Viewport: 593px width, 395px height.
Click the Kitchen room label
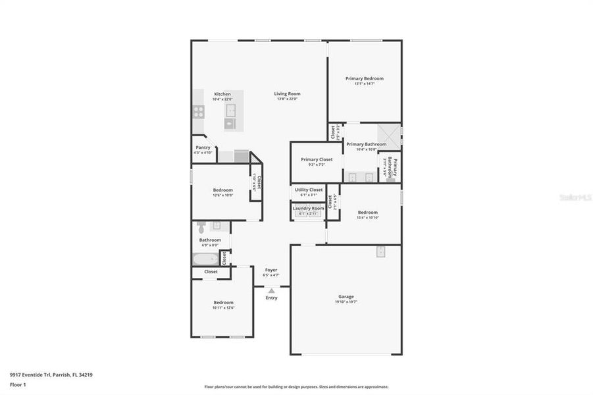click(x=222, y=94)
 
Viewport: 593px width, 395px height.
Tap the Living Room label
click(x=287, y=94)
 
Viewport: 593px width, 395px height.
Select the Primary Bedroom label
click(x=365, y=78)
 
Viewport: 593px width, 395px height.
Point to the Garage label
click(x=346, y=297)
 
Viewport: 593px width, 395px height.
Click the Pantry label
click(x=203, y=147)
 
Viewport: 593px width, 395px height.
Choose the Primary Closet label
click(x=317, y=159)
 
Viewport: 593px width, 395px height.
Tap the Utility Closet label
click(x=309, y=190)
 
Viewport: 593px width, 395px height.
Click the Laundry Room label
click(x=309, y=208)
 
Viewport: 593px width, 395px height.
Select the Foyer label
click(x=271, y=270)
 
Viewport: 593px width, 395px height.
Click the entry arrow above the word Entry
click(x=271, y=290)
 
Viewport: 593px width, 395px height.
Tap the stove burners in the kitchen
click(x=198, y=111)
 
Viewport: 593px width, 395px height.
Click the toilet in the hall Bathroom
click(x=201, y=226)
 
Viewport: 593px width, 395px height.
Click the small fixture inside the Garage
click(x=380, y=251)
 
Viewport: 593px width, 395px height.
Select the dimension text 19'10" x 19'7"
click(x=346, y=303)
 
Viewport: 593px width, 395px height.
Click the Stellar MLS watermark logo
click(x=575, y=196)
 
